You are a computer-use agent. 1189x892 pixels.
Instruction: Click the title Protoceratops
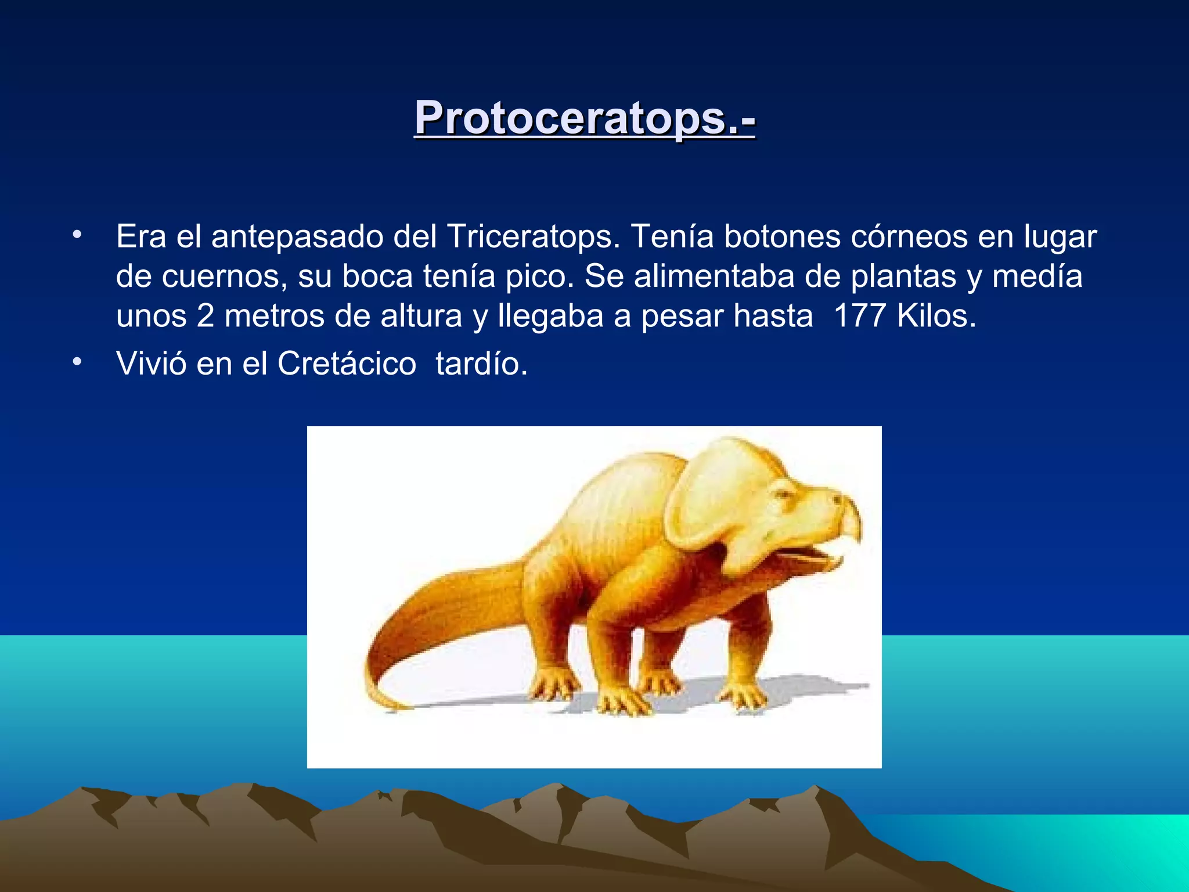point(584,118)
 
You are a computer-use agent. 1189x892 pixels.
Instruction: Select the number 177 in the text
point(859,316)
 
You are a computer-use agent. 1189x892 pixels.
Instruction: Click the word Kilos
point(936,316)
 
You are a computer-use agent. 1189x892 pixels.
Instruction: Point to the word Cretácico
point(347,364)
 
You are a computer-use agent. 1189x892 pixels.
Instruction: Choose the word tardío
point(481,364)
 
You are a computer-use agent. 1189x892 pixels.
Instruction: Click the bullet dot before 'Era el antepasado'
point(77,236)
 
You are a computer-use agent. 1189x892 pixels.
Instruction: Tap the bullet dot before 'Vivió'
point(77,363)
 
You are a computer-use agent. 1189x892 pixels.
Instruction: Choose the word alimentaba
point(714,276)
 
